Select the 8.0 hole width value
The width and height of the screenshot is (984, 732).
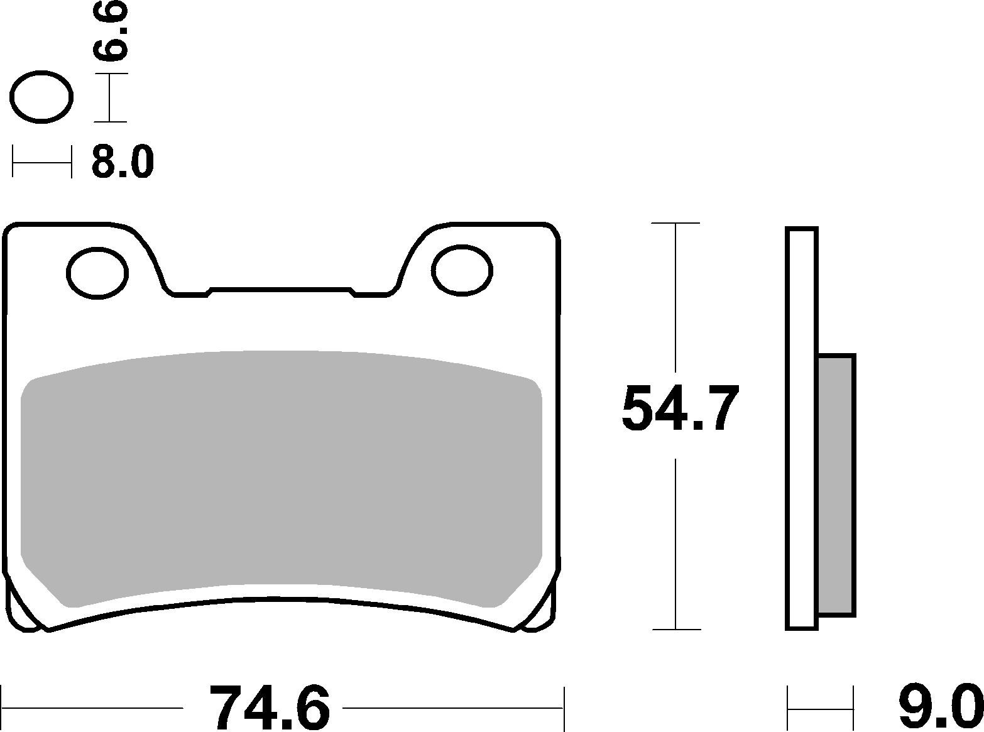[123, 162]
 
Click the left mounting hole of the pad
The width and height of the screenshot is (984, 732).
[97, 273]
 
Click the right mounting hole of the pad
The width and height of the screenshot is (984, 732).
[462, 270]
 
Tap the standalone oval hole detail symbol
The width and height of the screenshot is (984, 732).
[42, 97]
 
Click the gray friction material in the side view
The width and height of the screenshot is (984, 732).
[836, 484]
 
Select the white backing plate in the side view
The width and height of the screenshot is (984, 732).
[802, 427]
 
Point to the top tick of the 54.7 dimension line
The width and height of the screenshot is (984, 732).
[675, 223]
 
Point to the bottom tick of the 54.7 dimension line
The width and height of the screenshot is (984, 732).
[675, 629]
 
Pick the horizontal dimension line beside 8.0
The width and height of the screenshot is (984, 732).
[42, 162]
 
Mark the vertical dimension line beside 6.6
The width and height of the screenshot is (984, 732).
[111, 97]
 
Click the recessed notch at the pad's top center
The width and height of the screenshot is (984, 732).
[280, 290]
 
